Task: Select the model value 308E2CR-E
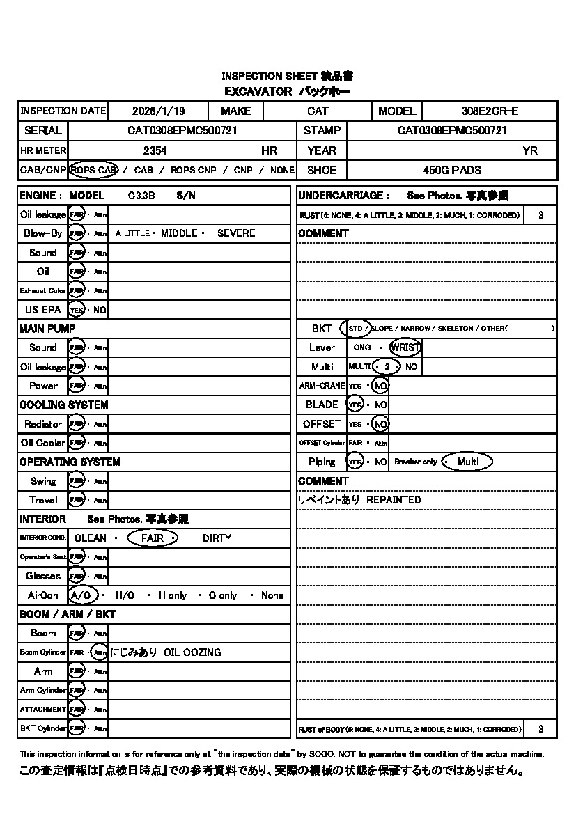click(x=490, y=111)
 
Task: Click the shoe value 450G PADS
click(x=452, y=170)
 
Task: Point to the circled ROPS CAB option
click(x=94, y=170)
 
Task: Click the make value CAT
click(x=318, y=111)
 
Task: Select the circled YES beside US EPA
click(x=77, y=310)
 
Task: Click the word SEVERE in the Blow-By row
click(x=236, y=233)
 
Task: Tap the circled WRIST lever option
click(x=405, y=347)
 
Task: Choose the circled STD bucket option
click(x=355, y=328)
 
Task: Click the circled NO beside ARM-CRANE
click(x=380, y=386)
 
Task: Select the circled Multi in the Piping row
click(x=467, y=462)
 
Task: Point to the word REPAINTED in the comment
click(x=394, y=500)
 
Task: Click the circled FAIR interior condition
click(x=153, y=538)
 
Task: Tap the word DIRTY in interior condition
click(x=217, y=538)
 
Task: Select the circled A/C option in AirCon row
click(x=83, y=595)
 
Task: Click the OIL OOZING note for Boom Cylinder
click(x=192, y=652)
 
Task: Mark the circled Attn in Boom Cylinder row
click(x=100, y=652)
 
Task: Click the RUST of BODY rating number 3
click(x=541, y=729)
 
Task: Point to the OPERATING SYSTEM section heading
click(x=70, y=462)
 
